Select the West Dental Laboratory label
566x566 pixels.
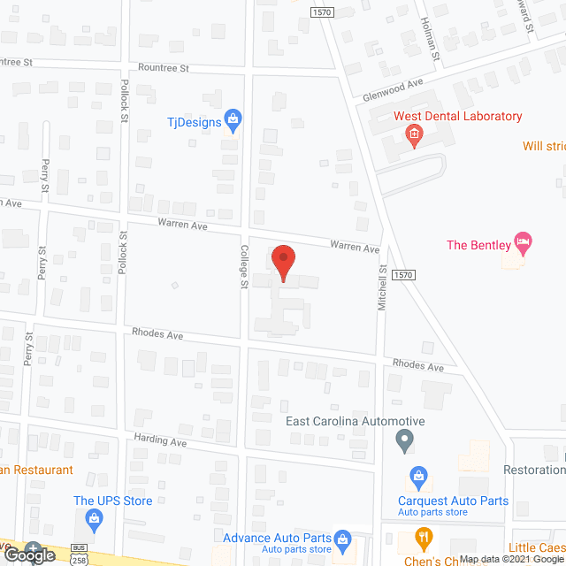[457, 116]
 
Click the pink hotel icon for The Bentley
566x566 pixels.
[524, 241]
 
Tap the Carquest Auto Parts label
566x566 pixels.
[453, 501]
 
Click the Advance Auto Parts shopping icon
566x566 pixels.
[344, 539]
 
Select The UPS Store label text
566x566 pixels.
[113, 501]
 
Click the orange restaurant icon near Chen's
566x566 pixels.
[424, 538]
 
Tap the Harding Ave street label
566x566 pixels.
[161, 440]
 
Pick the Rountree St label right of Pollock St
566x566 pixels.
[164, 68]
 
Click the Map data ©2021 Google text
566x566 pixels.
[516, 559]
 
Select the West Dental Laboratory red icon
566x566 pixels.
[413, 134]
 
